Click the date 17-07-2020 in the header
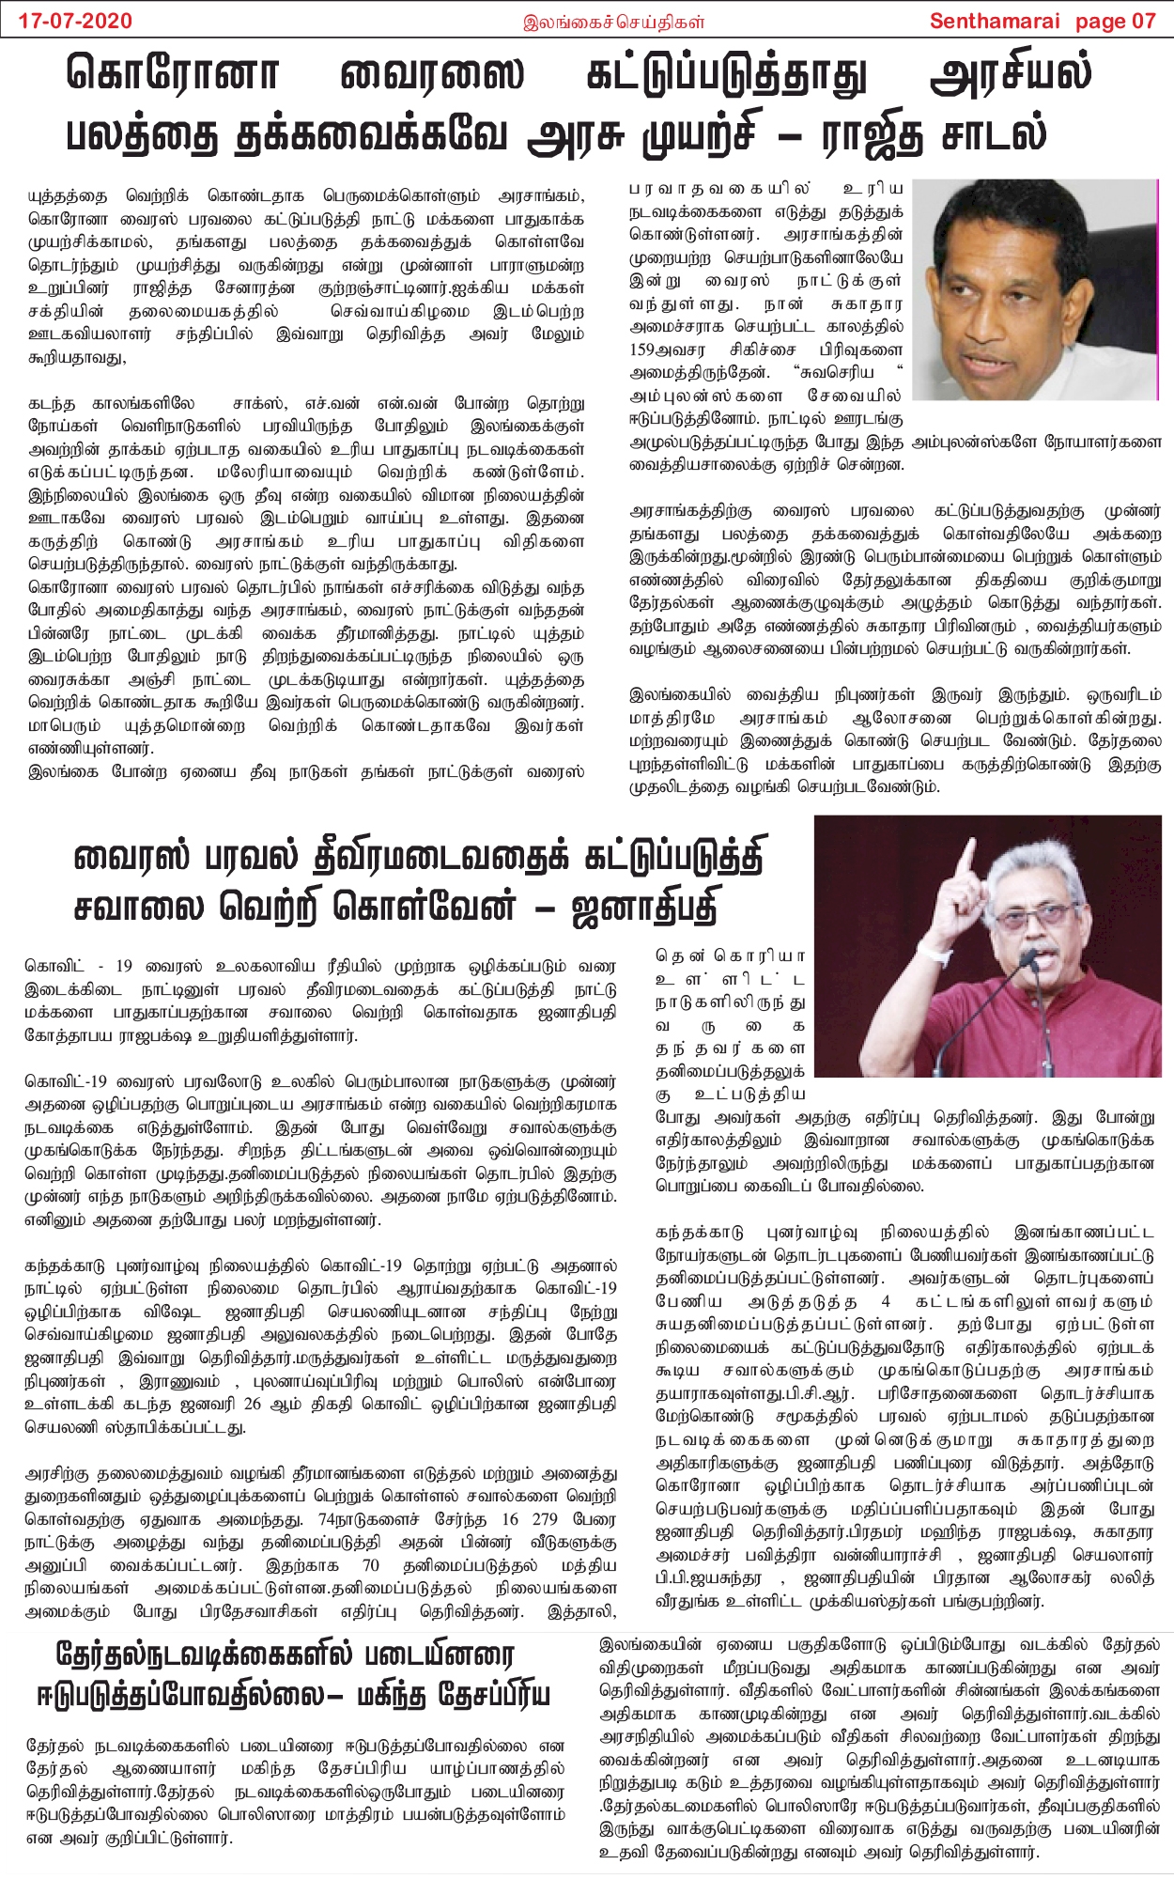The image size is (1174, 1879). point(76,21)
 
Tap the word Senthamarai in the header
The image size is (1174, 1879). point(995,21)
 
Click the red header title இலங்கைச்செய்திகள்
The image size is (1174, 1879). point(614,22)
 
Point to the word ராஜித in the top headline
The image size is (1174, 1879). point(877,134)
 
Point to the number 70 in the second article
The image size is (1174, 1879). point(370,1565)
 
